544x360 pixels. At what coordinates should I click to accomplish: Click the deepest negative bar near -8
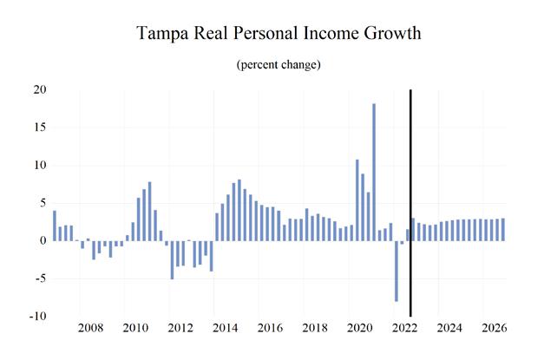coord(397,271)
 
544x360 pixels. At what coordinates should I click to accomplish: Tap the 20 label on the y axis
coord(40,90)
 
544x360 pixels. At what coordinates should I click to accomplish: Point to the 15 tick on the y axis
coord(40,128)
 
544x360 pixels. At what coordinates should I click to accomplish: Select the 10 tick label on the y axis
coord(40,166)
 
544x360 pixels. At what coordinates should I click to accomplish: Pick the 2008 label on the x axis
coord(90,329)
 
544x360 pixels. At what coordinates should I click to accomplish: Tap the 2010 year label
coord(135,329)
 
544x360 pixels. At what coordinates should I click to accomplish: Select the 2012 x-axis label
coord(180,329)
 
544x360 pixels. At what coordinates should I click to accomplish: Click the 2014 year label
coord(225,329)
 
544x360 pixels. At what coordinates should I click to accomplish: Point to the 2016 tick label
coord(270,329)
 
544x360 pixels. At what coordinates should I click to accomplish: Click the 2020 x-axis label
coord(359,329)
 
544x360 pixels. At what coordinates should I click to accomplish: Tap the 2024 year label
coord(449,329)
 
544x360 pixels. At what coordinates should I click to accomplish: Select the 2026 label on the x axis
coord(494,329)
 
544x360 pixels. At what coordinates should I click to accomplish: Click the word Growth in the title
coord(388,36)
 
